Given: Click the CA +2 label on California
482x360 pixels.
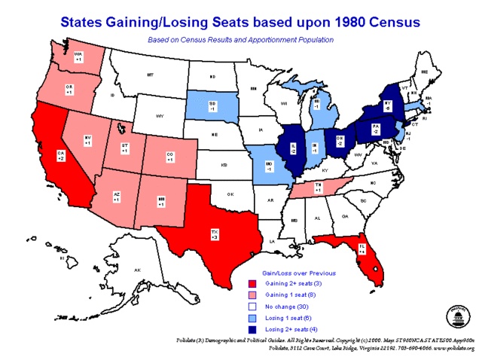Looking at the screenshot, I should [x=62, y=156].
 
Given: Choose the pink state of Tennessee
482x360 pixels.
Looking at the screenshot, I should [x=319, y=189].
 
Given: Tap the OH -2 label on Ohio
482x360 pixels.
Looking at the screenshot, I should [x=340, y=141].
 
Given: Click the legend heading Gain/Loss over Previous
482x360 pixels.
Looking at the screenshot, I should [x=298, y=273].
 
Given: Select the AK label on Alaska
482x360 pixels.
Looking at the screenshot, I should [x=136, y=270].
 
